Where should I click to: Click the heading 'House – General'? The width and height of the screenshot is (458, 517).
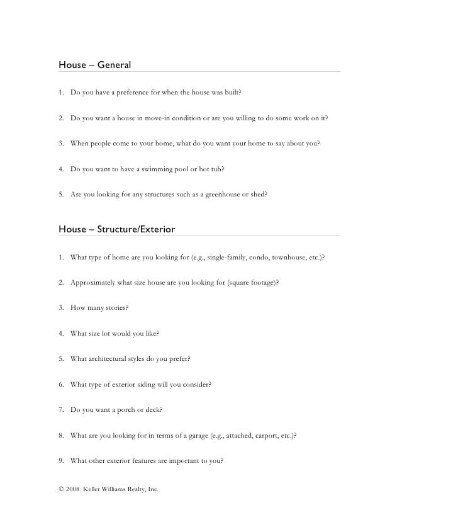(x=94, y=65)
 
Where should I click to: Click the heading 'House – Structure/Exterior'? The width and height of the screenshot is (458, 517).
(x=116, y=230)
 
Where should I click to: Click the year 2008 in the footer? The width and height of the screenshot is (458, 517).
(x=72, y=489)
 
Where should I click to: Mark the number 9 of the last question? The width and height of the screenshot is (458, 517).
(x=60, y=460)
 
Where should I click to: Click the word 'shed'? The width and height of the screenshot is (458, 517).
(x=259, y=195)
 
